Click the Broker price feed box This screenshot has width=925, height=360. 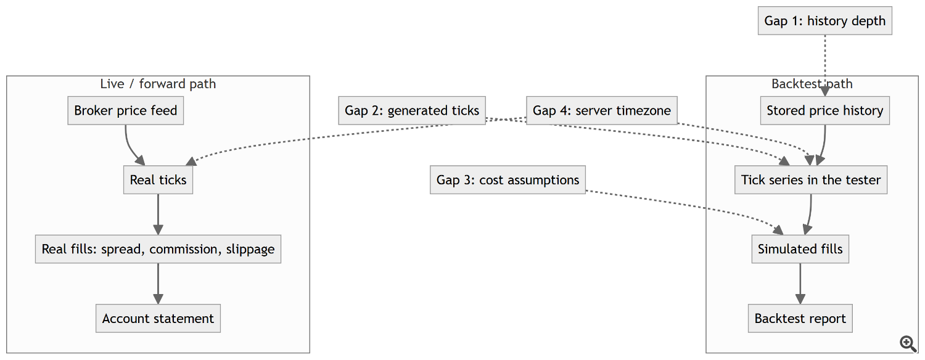[126, 110]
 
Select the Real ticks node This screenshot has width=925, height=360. [158, 180]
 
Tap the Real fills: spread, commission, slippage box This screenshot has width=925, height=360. [158, 250]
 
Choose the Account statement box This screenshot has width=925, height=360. [158, 319]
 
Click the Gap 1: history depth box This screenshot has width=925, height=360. [825, 20]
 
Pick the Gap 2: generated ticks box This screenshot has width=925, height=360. [412, 110]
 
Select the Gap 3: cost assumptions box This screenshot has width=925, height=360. [508, 180]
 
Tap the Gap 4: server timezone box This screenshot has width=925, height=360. [602, 110]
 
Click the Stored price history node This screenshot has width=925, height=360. [825, 110]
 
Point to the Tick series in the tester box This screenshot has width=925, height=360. [811, 180]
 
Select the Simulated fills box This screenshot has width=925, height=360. [800, 250]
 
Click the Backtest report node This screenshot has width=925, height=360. [800, 319]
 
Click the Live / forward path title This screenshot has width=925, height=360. [158, 84]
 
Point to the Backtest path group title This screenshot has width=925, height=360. [812, 84]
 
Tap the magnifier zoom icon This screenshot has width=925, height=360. [908, 343]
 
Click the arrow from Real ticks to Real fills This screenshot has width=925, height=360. [158, 215]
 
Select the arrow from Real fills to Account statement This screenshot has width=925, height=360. [158, 284]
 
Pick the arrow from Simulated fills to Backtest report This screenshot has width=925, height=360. [800, 284]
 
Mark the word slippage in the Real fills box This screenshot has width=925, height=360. [250, 250]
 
